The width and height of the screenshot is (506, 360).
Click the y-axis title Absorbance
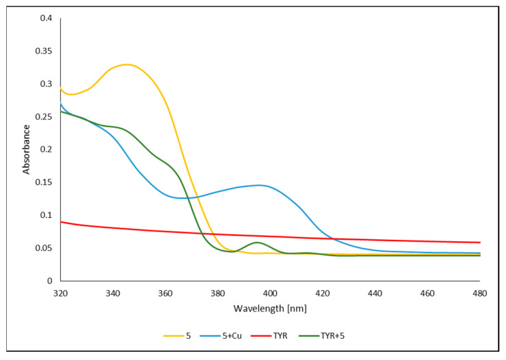(x=27, y=149)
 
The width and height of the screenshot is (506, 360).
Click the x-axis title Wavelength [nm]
(x=270, y=308)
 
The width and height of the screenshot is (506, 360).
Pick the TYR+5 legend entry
(x=351, y=336)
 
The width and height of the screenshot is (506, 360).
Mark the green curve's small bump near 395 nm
(x=257, y=243)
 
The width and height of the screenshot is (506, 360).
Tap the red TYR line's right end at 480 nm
(x=479, y=243)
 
